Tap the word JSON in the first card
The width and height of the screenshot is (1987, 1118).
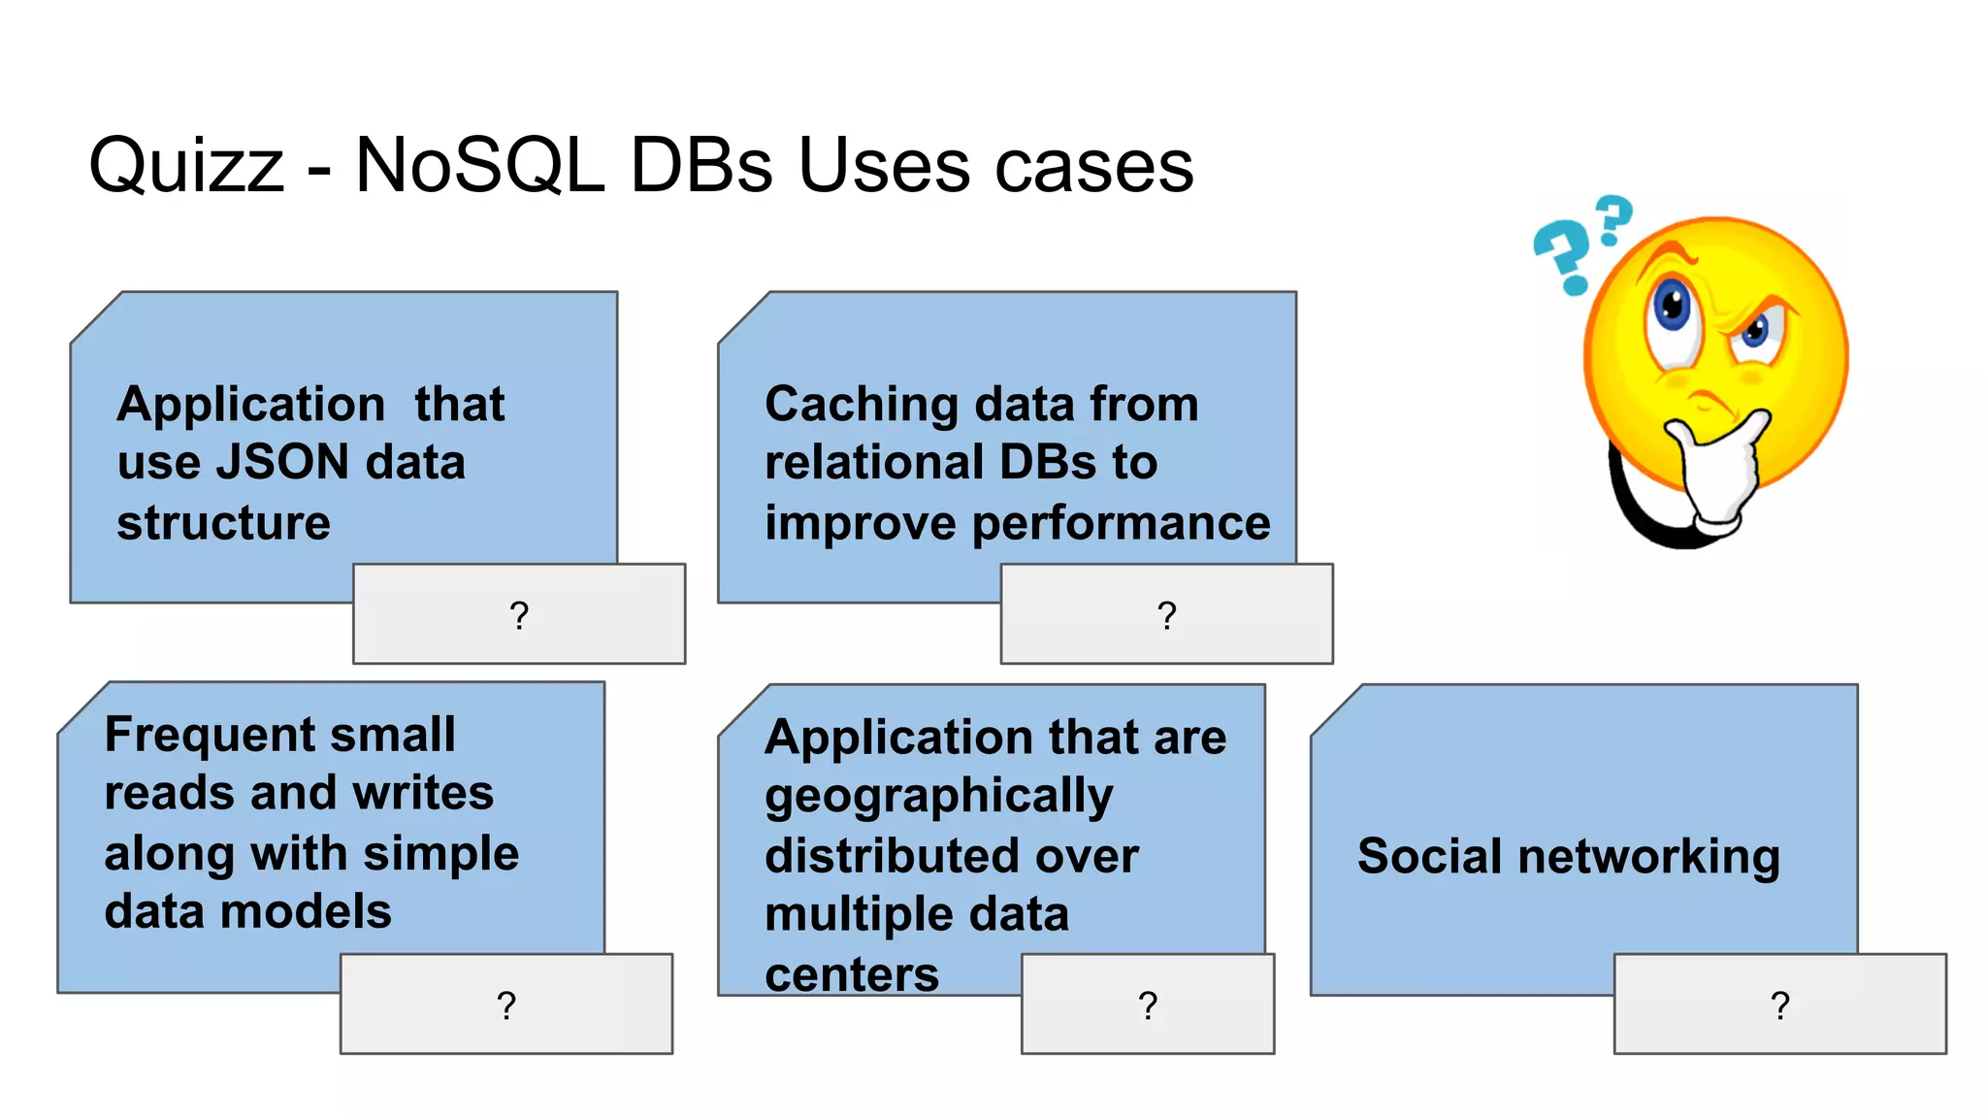pyautogui.click(x=281, y=462)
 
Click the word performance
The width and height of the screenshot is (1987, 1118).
pyautogui.click(x=1121, y=524)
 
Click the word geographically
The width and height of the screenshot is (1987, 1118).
pyautogui.click(x=938, y=797)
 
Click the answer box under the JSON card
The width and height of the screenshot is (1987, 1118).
pyautogui.click(x=519, y=613)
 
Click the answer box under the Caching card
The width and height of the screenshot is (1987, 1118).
pyautogui.click(x=1166, y=613)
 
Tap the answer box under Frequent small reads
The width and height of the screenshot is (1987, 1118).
pyautogui.click(x=505, y=1003)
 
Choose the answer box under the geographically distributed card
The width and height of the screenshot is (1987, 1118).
pyautogui.click(x=1148, y=1003)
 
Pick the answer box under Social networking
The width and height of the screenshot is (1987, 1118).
pyautogui.click(x=1779, y=1003)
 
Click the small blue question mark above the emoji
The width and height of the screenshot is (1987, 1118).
pyautogui.click(x=1614, y=218)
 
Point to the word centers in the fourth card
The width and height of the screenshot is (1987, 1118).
pyautogui.click(x=852, y=974)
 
